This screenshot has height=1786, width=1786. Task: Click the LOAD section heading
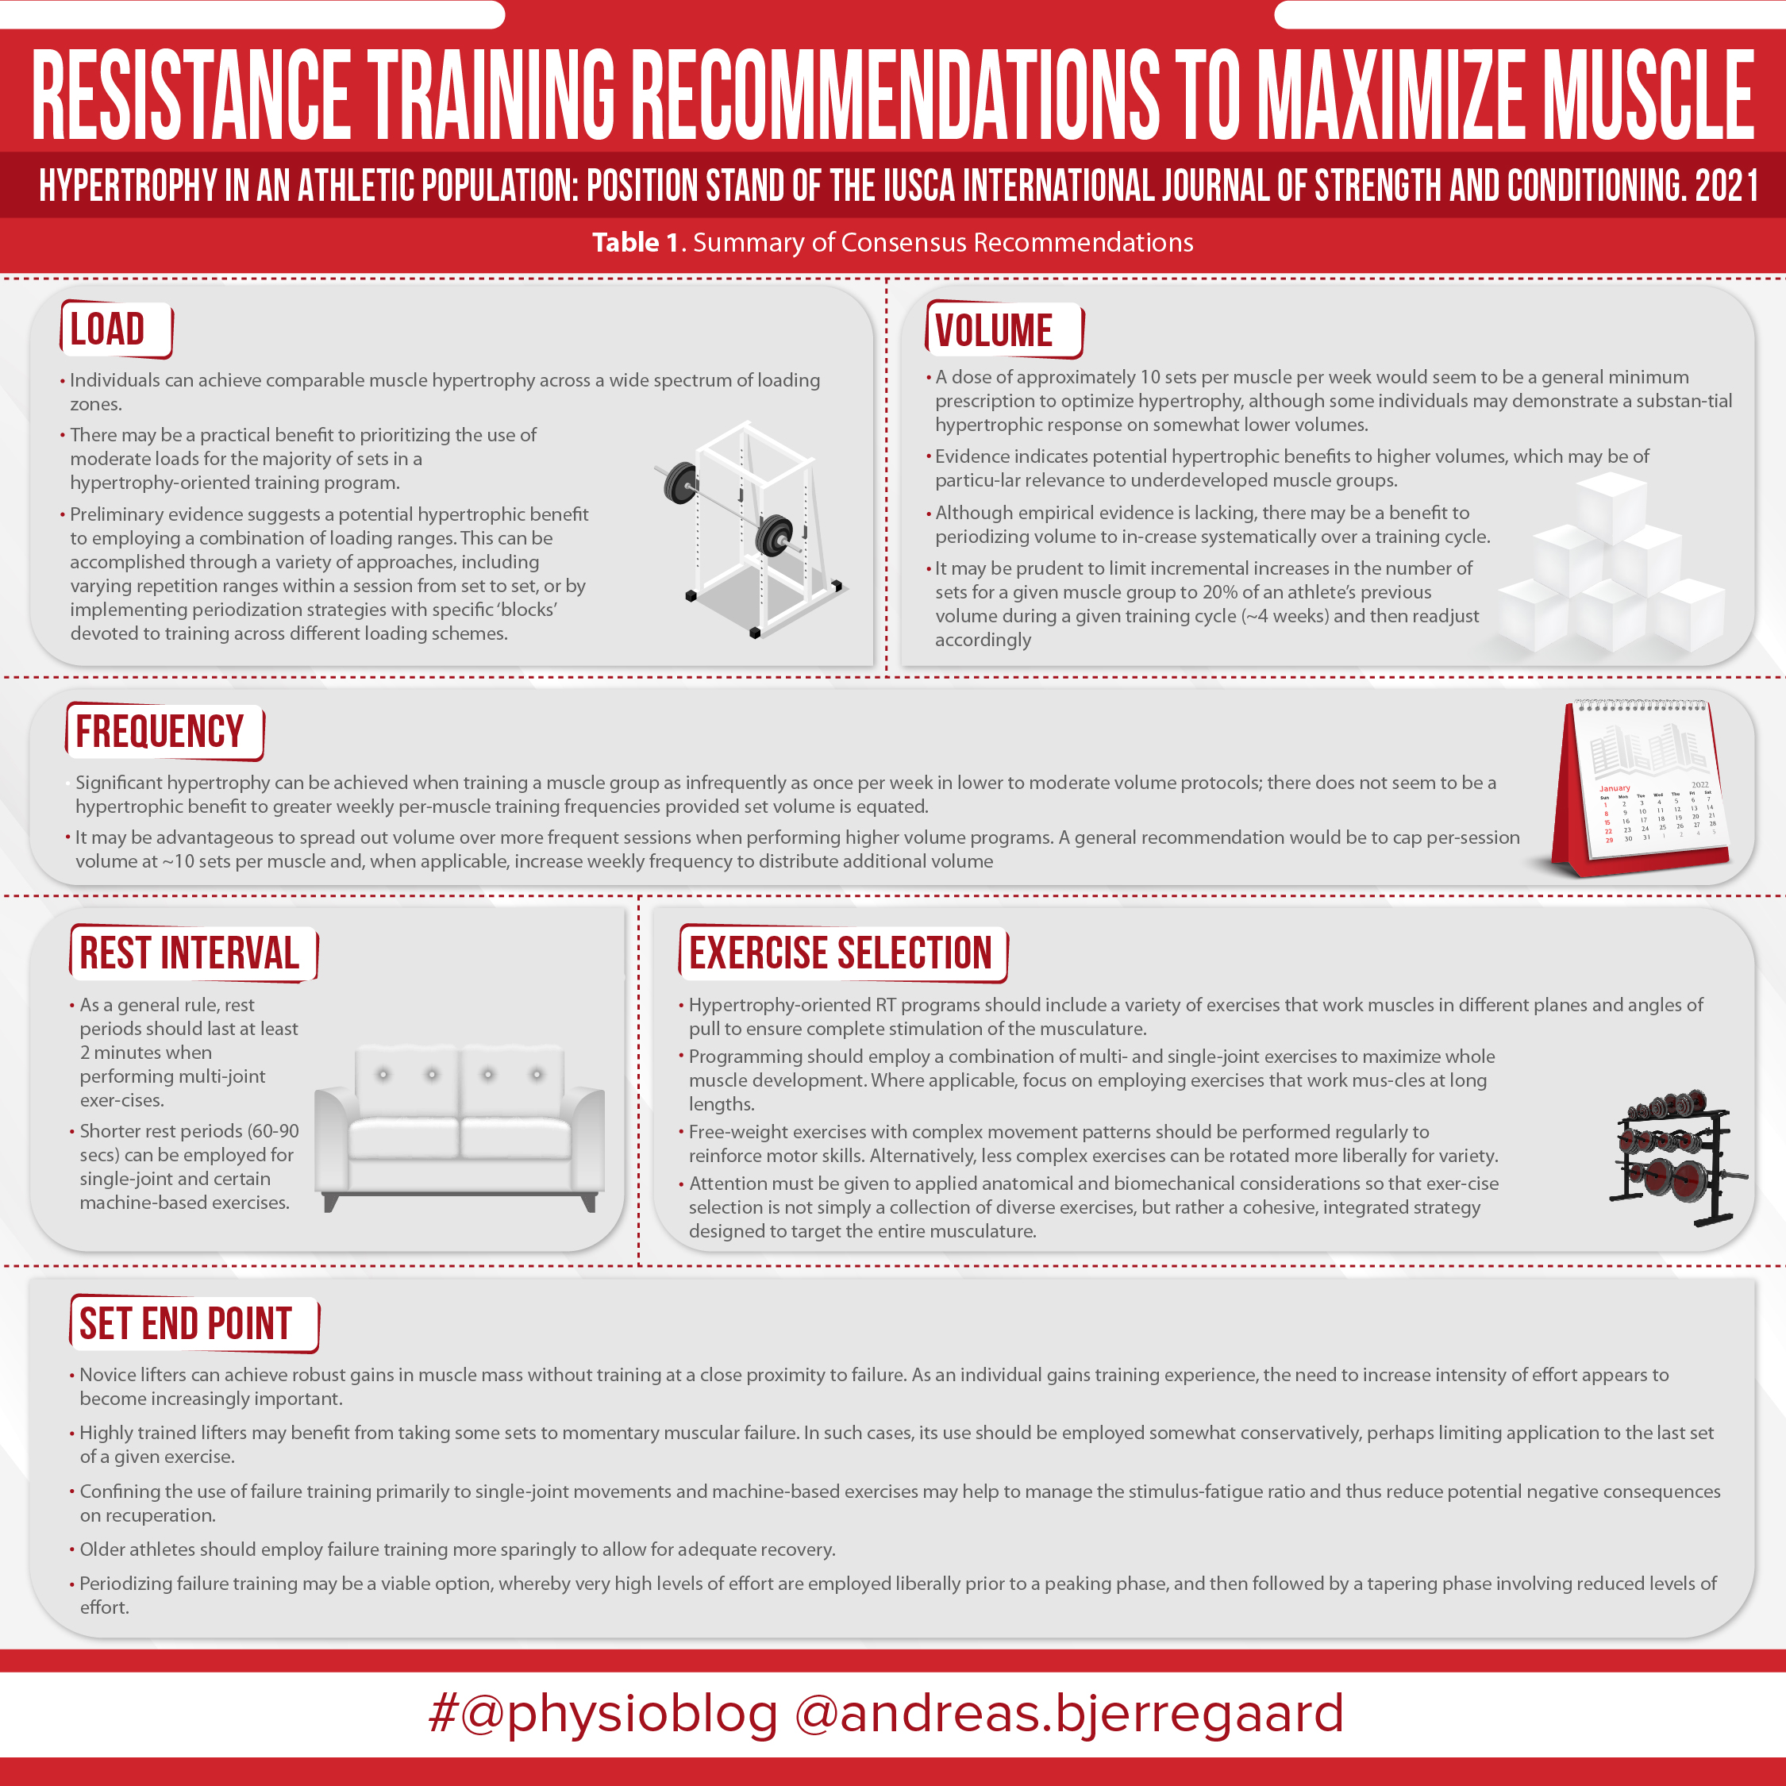click(x=107, y=330)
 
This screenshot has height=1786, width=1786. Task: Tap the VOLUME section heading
click(x=994, y=331)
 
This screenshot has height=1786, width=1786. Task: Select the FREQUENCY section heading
click(x=160, y=732)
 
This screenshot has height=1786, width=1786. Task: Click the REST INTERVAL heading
click(x=190, y=954)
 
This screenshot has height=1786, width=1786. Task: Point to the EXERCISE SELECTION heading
click(x=841, y=954)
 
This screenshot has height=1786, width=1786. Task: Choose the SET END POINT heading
click(x=186, y=1324)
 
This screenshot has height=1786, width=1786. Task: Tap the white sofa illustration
click(x=460, y=1129)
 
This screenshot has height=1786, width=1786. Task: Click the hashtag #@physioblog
click(x=602, y=1713)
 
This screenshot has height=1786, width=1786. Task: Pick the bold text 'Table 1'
click(x=636, y=242)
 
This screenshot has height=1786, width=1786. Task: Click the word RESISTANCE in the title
click(x=192, y=95)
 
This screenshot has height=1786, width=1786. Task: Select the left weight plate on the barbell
click(x=680, y=483)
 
